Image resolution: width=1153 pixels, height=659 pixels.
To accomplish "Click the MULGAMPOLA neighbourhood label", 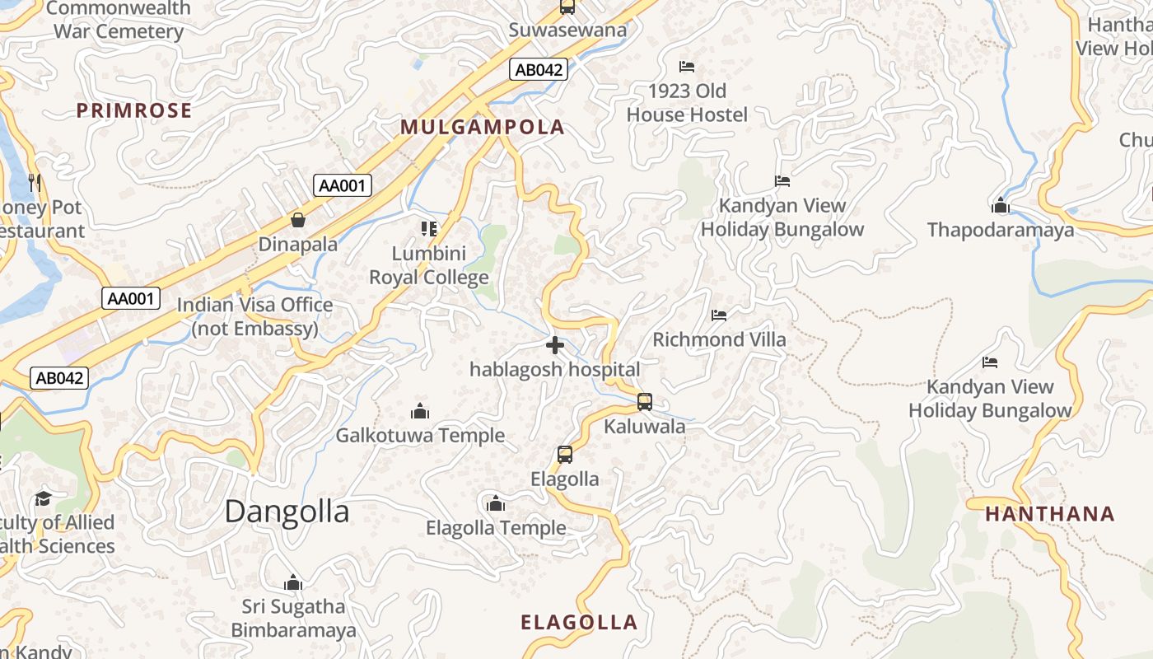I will (x=483, y=127).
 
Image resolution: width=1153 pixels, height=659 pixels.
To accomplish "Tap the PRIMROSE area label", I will (x=134, y=110).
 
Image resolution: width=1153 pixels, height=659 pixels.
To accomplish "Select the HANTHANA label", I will (x=1050, y=514).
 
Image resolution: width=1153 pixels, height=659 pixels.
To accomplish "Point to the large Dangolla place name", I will (x=287, y=512).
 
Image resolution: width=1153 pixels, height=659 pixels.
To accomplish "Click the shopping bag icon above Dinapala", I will (x=297, y=220).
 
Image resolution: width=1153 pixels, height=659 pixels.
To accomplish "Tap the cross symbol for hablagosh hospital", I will (x=555, y=345).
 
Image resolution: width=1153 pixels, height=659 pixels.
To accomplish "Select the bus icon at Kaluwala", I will (x=645, y=402).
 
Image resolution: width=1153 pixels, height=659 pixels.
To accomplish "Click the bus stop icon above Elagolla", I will (x=564, y=454).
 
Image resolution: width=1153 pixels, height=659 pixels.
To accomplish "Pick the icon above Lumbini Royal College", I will (x=428, y=228).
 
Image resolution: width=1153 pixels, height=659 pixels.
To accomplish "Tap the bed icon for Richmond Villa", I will (x=719, y=315).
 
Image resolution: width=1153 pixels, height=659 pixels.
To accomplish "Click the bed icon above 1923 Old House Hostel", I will (x=687, y=66).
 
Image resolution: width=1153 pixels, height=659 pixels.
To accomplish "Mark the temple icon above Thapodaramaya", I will (x=1001, y=205).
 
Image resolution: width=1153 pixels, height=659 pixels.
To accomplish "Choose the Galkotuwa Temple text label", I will (x=420, y=435).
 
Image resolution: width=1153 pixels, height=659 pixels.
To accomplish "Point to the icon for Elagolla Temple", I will (x=495, y=503).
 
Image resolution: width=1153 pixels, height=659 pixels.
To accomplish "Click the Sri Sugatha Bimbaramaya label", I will (x=293, y=619).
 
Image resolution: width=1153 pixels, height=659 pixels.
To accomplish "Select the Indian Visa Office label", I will (x=255, y=316).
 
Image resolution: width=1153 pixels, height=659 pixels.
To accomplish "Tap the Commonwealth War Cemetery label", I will (x=119, y=21).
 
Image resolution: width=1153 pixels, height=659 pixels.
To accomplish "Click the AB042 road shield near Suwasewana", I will (x=539, y=70).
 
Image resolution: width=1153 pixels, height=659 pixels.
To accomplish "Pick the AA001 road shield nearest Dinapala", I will (x=343, y=185).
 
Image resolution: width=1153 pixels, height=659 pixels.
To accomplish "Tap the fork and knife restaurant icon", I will (x=35, y=182).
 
